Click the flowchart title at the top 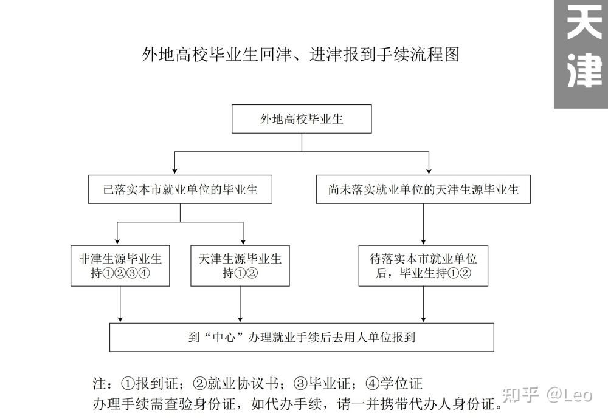point(301,54)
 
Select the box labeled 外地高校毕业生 point(302,119)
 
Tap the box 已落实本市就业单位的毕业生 point(181,189)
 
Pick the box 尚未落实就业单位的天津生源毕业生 point(423,189)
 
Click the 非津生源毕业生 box point(120,265)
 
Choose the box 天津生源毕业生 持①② point(240,265)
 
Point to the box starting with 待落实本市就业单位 point(423,265)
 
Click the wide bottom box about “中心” point(302,337)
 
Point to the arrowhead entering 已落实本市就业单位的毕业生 point(175,171)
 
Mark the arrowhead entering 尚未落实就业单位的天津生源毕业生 point(429,171)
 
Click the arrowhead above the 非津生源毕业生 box point(117,241)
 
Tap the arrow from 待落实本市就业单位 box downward point(423,304)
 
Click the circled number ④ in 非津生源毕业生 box point(144,273)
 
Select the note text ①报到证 point(149,383)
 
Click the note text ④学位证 point(393,383)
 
